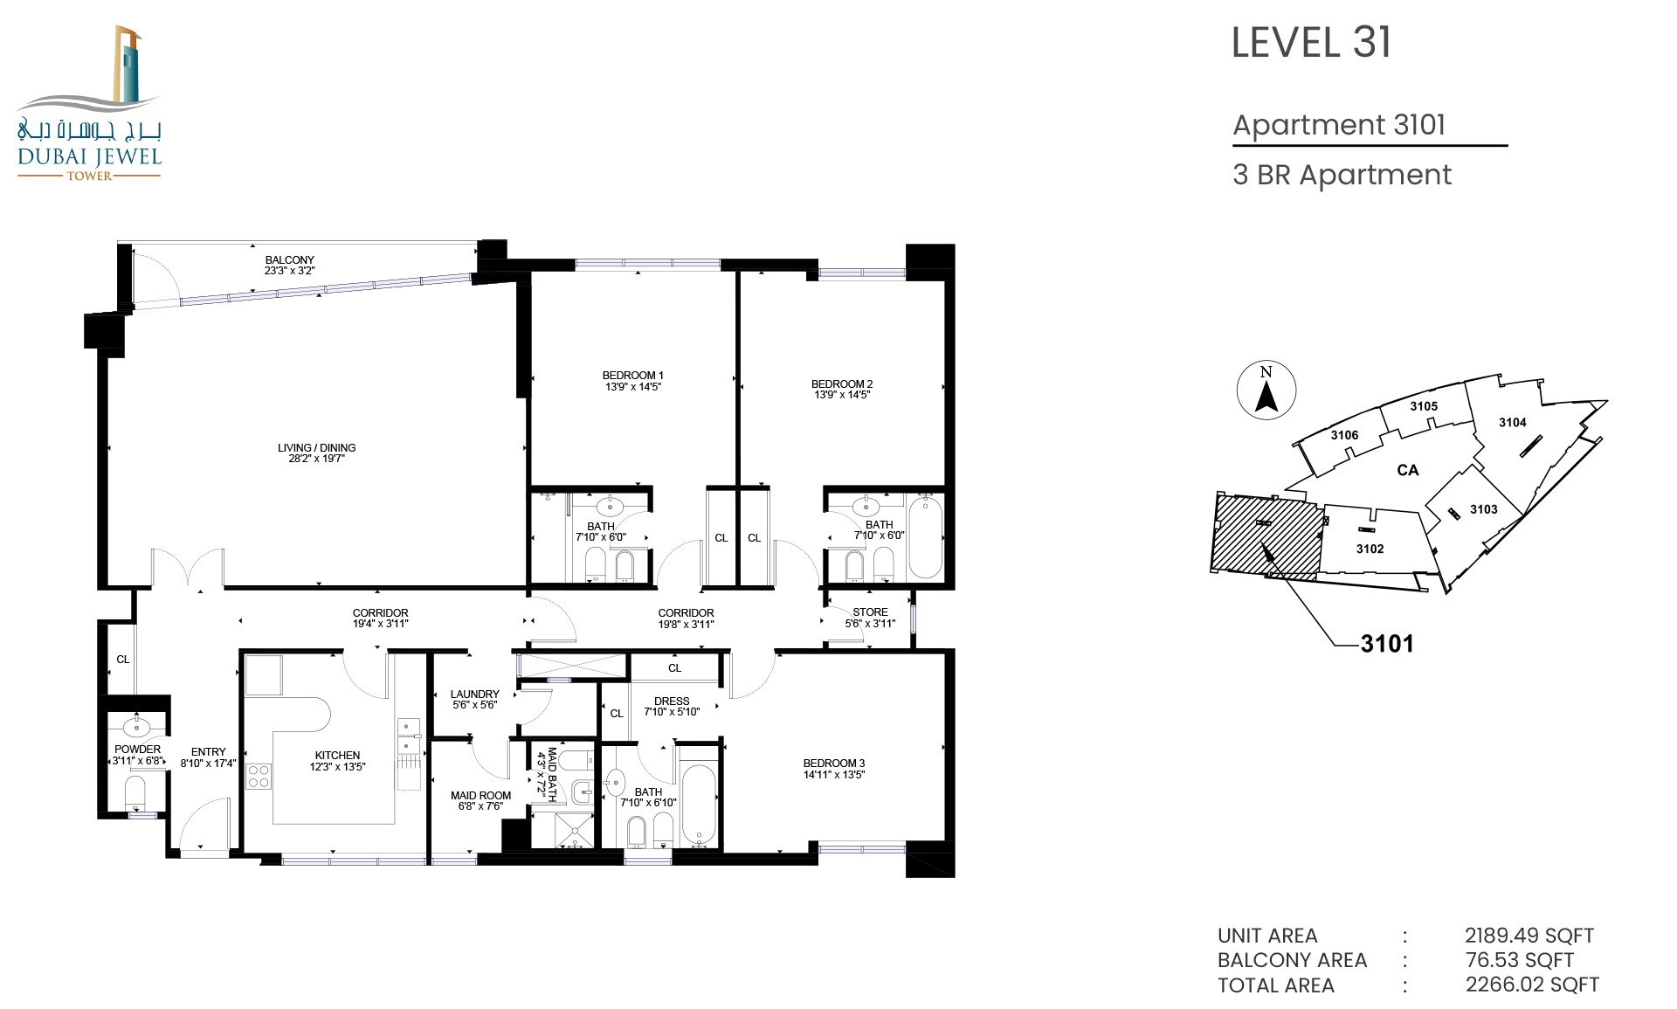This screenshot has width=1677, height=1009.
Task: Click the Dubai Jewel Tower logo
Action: (89, 103)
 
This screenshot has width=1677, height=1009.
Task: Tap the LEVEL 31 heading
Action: (1311, 43)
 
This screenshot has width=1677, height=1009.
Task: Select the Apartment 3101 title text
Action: (1339, 125)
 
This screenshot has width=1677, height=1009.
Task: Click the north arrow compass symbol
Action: (1266, 390)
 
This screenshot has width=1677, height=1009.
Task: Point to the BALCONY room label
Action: (290, 260)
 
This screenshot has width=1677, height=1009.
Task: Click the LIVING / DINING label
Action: (317, 448)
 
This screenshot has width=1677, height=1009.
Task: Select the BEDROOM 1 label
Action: (633, 376)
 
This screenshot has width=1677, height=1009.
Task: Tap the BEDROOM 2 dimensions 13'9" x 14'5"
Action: (842, 395)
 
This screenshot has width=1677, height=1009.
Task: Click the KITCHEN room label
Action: (337, 756)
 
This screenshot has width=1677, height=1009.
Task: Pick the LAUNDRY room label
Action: (475, 695)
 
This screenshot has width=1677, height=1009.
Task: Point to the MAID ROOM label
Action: (480, 796)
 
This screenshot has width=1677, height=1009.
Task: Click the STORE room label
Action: (870, 612)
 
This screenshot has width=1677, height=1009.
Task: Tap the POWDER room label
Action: (138, 750)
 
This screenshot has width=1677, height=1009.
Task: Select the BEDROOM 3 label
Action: (834, 764)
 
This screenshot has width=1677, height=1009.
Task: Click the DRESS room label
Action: (672, 701)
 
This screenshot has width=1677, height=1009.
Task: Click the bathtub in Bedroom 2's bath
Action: (925, 536)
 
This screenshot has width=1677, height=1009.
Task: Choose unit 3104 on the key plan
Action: (1513, 423)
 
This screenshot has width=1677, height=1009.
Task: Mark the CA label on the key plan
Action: (1408, 470)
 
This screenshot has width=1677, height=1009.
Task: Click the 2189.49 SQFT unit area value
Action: (1529, 936)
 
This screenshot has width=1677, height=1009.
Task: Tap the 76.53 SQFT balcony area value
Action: (1520, 960)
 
